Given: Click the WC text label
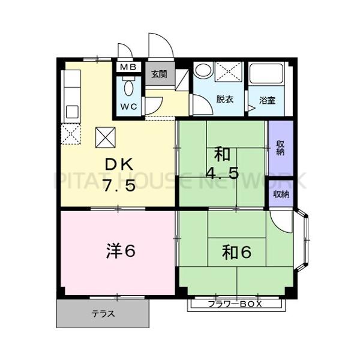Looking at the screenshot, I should pyautogui.click(x=130, y=106).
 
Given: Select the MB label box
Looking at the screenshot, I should pyautogui.click(x=129, y=67).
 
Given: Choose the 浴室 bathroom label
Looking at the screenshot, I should pyautogui.click(x=268, y=100).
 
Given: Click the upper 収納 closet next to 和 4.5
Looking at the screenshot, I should pyautogui.click(x=281, y=148).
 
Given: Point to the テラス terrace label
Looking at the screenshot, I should pyautogui.click(x=103, y=314).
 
